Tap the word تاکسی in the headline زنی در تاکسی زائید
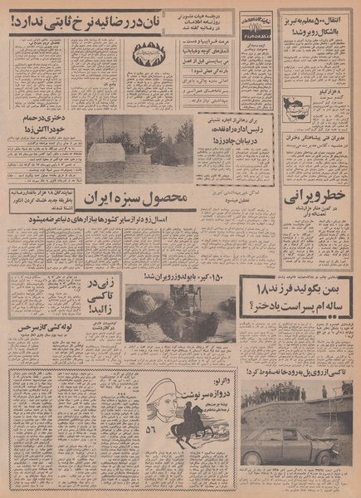click(x=88, y=304)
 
